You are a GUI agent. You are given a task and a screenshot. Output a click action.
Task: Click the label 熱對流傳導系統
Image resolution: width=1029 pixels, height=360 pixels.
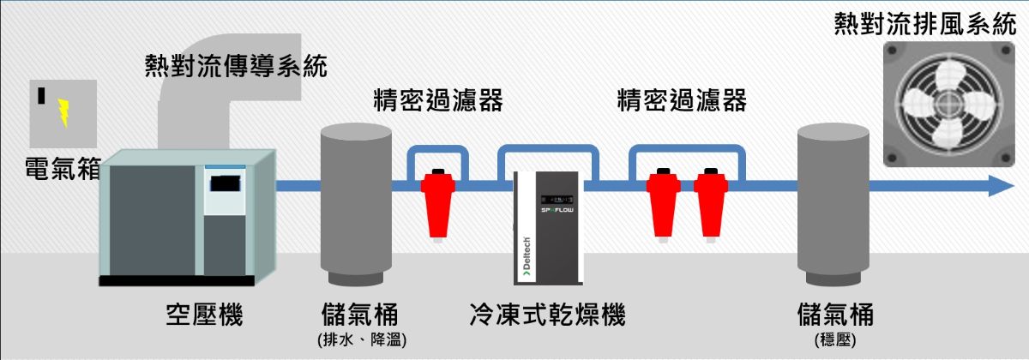click(x=237, y=66)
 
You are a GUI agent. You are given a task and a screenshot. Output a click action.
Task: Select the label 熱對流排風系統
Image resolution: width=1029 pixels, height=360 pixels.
click(x=925, y=24)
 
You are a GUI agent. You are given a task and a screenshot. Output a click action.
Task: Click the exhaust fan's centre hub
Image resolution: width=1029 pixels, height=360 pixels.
click(x=948, y=106)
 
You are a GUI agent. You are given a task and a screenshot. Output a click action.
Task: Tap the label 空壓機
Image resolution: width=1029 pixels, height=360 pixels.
click(x=204, y=315)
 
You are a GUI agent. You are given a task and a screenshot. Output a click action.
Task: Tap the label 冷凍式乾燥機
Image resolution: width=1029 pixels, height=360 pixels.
click(x=548, y=315)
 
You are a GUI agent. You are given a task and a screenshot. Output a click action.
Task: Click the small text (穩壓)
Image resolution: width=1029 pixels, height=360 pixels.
click(x=834, y=340)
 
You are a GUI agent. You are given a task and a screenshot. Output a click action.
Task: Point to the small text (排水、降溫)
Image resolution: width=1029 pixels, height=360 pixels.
click(x=361, y=340)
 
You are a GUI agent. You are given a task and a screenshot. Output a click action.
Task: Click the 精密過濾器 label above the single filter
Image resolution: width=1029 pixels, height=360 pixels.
click(x=437, y=101)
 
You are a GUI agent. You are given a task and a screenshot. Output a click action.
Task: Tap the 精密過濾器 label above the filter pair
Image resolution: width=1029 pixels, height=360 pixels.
click(x=683, y=101)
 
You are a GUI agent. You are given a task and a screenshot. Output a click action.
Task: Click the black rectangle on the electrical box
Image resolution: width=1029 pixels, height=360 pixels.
click(x=41, y=94)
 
